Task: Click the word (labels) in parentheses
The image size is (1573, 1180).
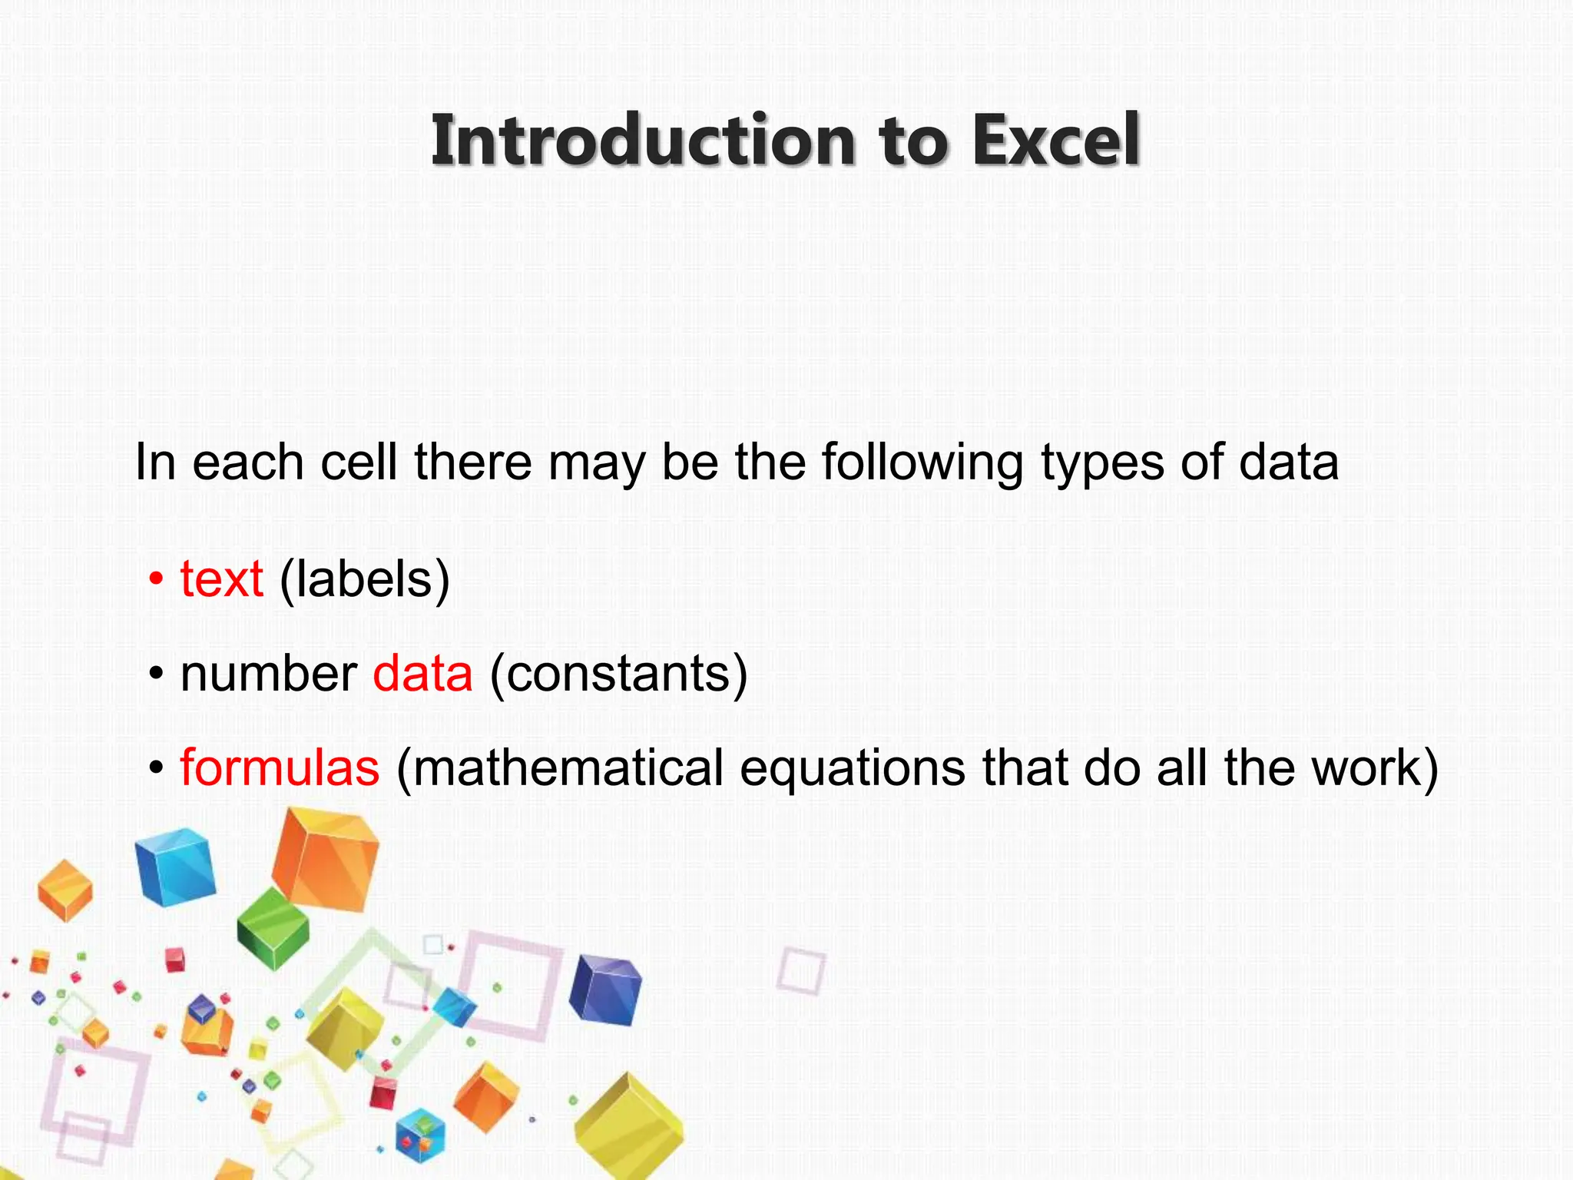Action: [x=365, y=580]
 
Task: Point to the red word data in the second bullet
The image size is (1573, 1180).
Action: [x=422, y=674]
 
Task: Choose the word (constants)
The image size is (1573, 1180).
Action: [x=618, y=675]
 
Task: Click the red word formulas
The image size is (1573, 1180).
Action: [x=280, y=767]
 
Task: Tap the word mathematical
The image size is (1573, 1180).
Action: [x=560, y=767]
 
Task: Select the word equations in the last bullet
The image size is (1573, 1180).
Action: [x=853, y=769]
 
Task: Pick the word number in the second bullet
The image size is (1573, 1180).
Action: [x=268, y=674]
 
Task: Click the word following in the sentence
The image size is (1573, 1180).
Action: [x=922, y=463]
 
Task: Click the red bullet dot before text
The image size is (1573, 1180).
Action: [x=157, y=580]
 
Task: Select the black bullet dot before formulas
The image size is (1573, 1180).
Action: [x=157, y=767]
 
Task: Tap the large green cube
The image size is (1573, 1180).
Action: [x=273, y=928]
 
